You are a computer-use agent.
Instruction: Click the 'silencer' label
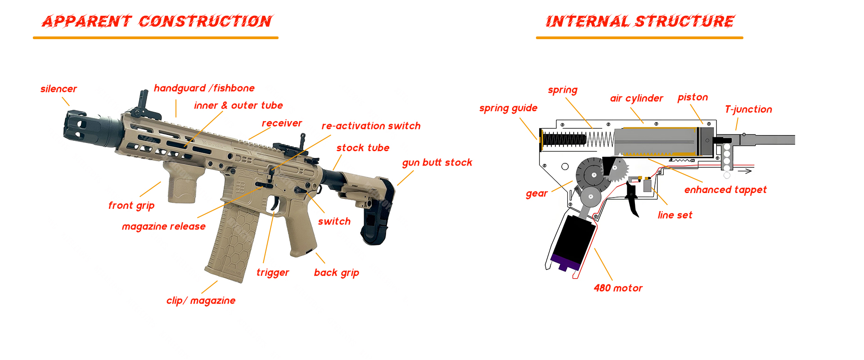click(x=58, y=89)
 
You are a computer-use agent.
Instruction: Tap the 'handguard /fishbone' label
click(x=204, y=88)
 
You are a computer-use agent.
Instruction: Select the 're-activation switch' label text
click(x=371, y=126)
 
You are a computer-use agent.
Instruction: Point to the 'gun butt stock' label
click(x=437, y=162)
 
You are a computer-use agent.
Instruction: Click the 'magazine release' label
click(x=163, y=226)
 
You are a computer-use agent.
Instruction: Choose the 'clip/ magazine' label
click(x=201, y=301)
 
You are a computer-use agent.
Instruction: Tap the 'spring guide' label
click(x=508, y=108)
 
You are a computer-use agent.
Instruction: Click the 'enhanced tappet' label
click(x=725, y=190)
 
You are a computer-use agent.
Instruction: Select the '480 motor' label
click(x=618, y=288)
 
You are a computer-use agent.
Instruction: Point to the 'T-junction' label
click(x=748, y=109)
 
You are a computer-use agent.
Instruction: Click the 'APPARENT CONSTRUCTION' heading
click(x=157, y=21)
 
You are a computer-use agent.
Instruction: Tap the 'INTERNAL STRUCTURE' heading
click(x=639, y=21)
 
